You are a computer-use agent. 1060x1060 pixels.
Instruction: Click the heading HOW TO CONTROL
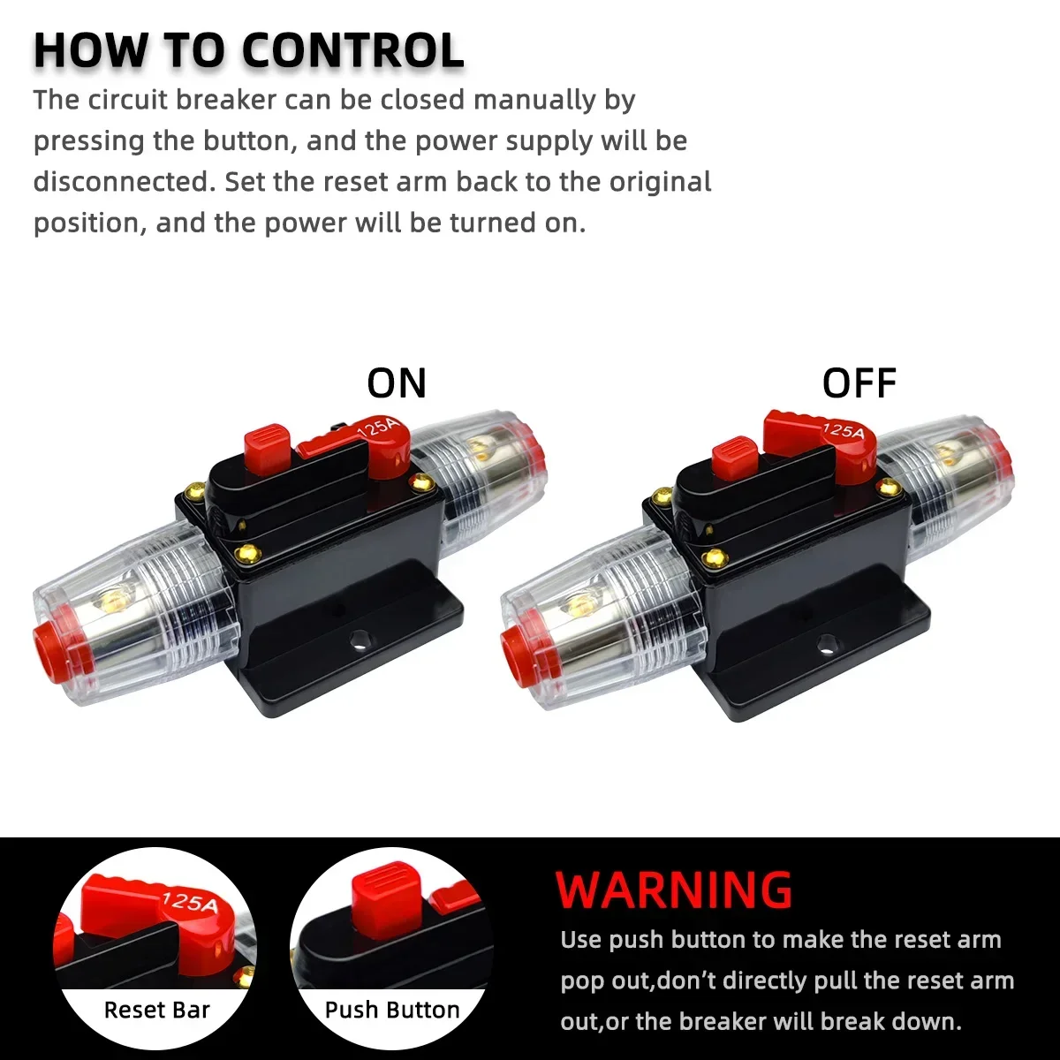(248, 50)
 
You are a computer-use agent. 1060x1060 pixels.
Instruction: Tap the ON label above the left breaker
(397, 383)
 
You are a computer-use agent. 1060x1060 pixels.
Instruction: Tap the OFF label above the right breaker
(859, 383)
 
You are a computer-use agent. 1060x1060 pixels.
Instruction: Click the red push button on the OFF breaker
(735, 458)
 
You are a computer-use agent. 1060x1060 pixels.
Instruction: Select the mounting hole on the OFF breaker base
(826, 644)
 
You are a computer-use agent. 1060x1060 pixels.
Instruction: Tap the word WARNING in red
(674, 890)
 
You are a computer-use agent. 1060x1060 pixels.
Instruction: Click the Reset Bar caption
(156, 1010)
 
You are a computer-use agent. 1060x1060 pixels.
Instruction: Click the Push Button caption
(392, 1010)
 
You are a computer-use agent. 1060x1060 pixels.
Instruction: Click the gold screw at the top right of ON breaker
(421, 482)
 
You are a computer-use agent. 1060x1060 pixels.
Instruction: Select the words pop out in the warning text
(601, 981)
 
